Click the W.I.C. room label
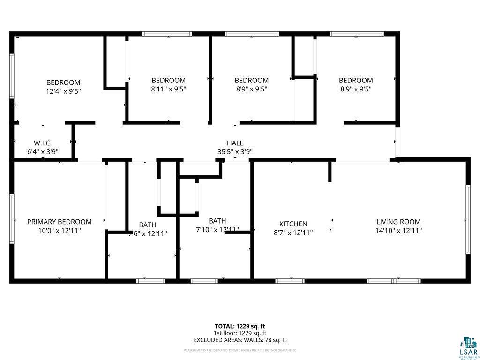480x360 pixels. click(42, 142)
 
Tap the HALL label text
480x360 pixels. click(235, 143)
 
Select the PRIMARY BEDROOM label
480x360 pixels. click(60, 222)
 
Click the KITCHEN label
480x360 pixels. click(293, 224)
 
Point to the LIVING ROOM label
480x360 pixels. click(398, 222)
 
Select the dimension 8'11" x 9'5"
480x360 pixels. click(168, 89)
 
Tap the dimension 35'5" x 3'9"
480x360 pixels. click(235, 151)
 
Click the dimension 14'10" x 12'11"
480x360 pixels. click(398, 231)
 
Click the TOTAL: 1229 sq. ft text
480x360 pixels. click(240, 326)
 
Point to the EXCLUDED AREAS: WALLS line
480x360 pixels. click(240, 340)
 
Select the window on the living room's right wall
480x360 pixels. click(467, 219)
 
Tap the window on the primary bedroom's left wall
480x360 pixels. click(12, 218)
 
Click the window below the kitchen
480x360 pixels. click(290, 281)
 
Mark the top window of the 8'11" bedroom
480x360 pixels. click(167, 34)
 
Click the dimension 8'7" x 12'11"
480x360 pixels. click(293, 232)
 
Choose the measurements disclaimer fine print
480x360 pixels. click(240, 350)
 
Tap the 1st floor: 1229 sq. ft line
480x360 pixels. click(240, 333)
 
